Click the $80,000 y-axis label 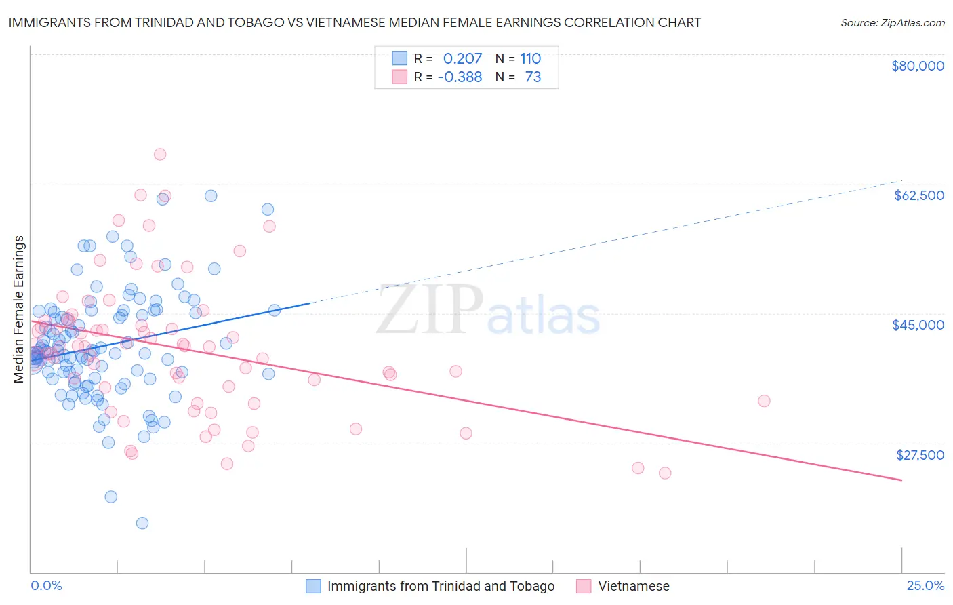pos(917,66)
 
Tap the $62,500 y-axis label pos(918,195)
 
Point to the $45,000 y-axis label pos(918,325)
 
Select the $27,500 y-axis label pos(919,455)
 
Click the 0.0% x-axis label pos(46,586)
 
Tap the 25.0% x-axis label pos(925,586)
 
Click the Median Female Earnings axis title pos(19,309)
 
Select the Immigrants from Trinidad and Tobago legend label pos(441,587)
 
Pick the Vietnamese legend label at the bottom pos(633,587)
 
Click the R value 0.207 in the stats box pos(462,58)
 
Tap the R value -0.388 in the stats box pos(460,77)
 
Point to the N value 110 pos(530,58)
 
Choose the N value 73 pos(533,77)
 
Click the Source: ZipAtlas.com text pos(892,23)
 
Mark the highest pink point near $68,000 pos(160,154)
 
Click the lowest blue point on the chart pos(142,523)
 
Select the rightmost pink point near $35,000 pos(764,401)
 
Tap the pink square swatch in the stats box pos(400,77)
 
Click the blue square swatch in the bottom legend pos(312,587)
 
